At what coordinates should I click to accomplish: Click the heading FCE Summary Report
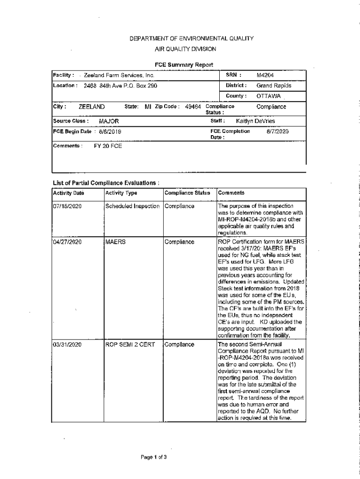pyautogui.click(x=184, y=65)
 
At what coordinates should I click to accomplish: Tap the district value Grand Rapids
pyautogui.click(x=274, y=86)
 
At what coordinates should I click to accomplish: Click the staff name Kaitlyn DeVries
pyautogui.click(x=255, y=121)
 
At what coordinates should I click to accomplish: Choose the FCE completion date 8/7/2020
pyautogui.click(x=278, y=131)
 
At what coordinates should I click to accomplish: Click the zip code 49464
pyautogui.click(x=193, y=107)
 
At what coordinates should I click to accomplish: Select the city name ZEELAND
pyautogui.click(x=92, y=107)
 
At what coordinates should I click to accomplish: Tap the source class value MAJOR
pyautogui.click(x=109, y=121)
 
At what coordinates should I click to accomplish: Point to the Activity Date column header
pyautogui.click(x=69, y=193)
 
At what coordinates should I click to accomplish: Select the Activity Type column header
pyautogui.click(x=122, y=193)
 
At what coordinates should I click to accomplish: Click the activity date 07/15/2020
pyautogui.click(x=68, y=206)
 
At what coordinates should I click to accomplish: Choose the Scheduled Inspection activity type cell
pyautogui.click(x=133, y=206)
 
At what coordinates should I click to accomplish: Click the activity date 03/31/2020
pyautogui.click(x=68, y=345)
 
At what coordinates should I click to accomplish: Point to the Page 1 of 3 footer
pyautogui.click(x=154, y=457)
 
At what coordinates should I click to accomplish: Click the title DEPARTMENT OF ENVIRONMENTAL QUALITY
pyautogui.click(x=191, y=39)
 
